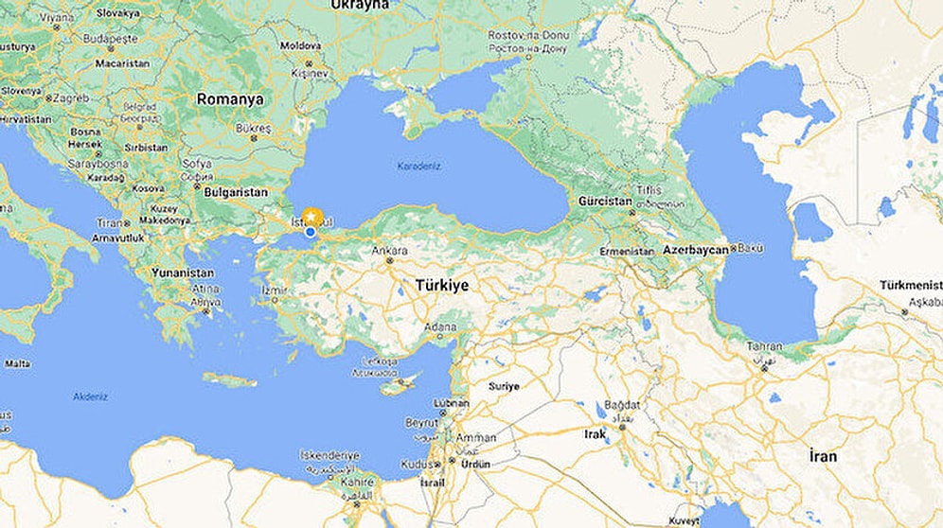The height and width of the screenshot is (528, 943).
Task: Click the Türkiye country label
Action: point(441,285)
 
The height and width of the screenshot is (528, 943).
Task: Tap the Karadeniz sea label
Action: point(420,167)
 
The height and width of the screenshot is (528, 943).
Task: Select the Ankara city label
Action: point(389,251)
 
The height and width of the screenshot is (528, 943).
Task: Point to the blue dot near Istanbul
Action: point(311,231)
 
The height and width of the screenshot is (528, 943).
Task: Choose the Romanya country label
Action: point(229,98)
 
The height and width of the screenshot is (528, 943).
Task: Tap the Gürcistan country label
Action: point(605,202)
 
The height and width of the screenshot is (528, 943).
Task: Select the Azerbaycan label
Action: point(696,250)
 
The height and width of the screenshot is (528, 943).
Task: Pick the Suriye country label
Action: point(504,386)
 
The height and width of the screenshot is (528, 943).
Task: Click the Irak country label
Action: point(595,433)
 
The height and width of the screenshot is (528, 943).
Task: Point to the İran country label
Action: point(824,456)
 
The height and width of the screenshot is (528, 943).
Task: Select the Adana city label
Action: point(440,327)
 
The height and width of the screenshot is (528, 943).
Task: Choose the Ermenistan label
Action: point(627,252)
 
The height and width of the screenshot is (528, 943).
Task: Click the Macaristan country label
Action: point(122,62)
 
